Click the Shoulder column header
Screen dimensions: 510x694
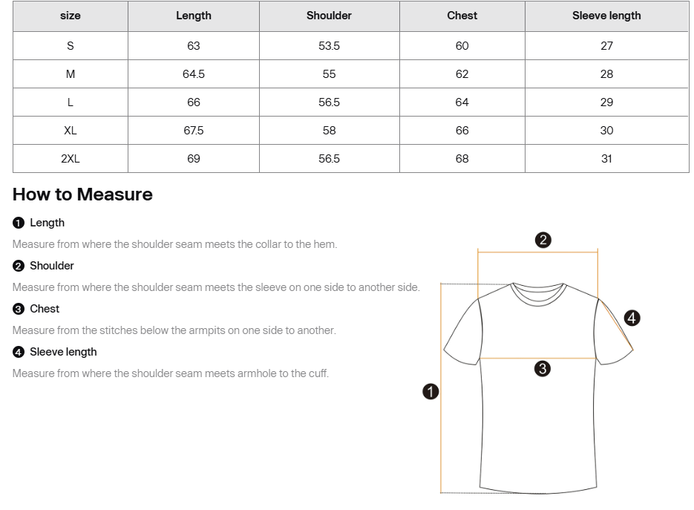[329, 16]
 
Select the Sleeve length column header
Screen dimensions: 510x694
[606, 16]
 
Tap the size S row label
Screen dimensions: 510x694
[71, 46]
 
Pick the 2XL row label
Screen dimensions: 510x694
[71, 159]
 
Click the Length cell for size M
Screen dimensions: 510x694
[194, 74]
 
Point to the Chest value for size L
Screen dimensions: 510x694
[462, 102]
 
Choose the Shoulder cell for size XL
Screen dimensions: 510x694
[329, 131]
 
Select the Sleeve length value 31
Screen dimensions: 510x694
[606, 159]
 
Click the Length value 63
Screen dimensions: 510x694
[194, 46]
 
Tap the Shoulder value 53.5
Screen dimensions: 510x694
[329, 46]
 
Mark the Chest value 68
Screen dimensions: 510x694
[462, 159]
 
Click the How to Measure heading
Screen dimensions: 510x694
[82, 194]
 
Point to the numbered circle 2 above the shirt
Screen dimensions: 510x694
[543, 240]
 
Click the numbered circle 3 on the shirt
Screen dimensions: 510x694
[542, 369]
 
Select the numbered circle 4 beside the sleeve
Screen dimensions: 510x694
[632, 318]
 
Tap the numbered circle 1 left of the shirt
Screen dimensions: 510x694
[431, 392]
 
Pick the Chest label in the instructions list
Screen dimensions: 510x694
[45, 309]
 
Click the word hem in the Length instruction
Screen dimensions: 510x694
[326, 244]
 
